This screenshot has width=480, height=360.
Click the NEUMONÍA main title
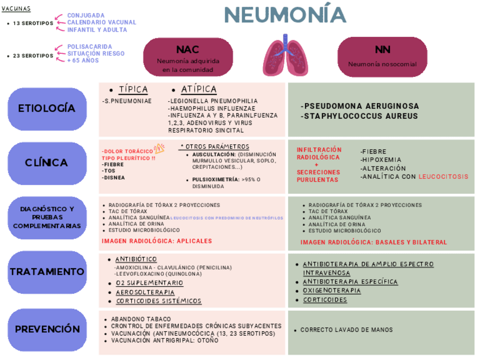click(284, 15)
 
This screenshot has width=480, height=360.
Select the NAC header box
click(187, 57)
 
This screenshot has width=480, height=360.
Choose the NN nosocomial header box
click(382, 56)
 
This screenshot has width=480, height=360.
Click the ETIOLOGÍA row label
click(46, 108)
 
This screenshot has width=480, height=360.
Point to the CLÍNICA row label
click(46, 163)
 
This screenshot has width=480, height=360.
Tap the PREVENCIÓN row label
click(46, 329)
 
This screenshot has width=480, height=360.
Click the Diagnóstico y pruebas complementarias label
click(46, 217)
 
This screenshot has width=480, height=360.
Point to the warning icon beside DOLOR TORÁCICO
click(159, 148)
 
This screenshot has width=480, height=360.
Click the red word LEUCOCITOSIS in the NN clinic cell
click(444, 177)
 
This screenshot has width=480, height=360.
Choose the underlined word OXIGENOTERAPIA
click(332, 290)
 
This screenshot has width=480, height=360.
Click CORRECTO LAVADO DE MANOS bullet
click(346, 330)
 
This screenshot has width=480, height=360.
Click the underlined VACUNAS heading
click(16, 9)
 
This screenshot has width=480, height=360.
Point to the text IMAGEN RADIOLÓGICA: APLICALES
click(157, 241)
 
